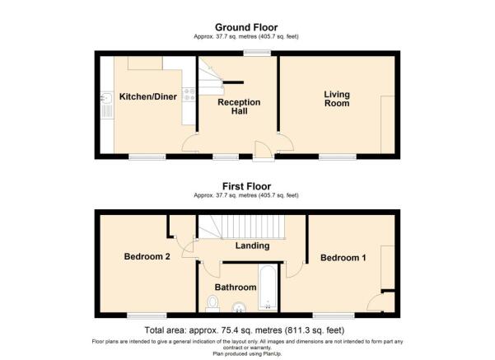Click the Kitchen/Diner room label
pos(147,96)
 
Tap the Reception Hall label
pos(239,107)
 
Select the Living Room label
pos(337,99)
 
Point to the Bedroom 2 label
pos(147,256)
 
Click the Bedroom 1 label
pos(343,258)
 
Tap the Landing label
pos(252,245)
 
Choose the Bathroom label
pos(236,288)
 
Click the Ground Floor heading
pos(246,27)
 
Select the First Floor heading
pos(246,186)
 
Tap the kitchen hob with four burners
pos(189,95)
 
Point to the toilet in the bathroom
pos(212,303)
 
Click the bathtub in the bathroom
pos(268,288)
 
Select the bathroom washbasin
pos(239,307)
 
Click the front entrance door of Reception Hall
pos(264,152)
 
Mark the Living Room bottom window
pos(338,157)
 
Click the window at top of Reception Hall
pos(257,53)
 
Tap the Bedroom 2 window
pos(147,316)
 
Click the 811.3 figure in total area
pos(297,330)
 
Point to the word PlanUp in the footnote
pos(272,353)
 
